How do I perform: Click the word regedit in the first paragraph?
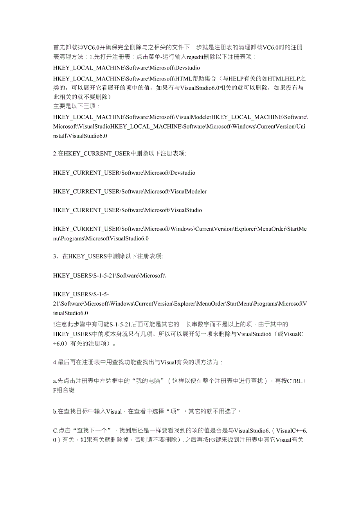(x=195, y=57)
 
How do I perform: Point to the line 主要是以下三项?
(x=76, y=106)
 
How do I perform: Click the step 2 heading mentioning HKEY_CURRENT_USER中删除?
(x=120, y=154)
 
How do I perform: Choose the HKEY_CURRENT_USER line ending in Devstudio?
(x=124, y=172)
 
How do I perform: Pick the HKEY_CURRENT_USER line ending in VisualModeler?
(x=130, y=191)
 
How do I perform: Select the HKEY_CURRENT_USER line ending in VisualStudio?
(x=128, y=210)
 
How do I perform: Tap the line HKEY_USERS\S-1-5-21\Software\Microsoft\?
(x=110, y=276)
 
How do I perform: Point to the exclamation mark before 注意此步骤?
(x=54, y=324)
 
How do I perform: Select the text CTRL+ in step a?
(x=297, y=381)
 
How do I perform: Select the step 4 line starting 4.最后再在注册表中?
(x=138, y=362)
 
